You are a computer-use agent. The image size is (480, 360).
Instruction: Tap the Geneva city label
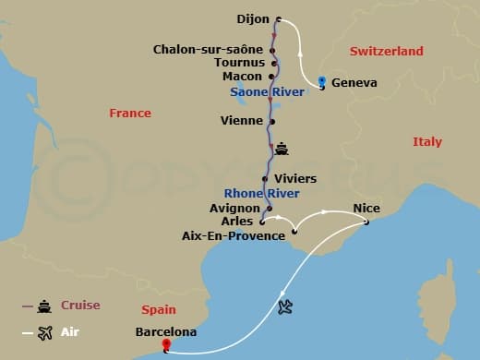[354, 82]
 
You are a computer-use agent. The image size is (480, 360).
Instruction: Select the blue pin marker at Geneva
[320, 81]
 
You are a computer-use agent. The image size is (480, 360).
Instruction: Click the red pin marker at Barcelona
[166, 346]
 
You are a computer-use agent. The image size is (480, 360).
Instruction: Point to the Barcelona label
[165, 330]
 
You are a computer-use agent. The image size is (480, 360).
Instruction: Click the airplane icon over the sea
[285, 306]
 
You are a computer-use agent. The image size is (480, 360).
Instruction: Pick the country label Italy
[427, 142]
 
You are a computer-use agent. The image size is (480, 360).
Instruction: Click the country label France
[129, 113]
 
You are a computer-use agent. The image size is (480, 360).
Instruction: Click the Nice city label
[366, 209]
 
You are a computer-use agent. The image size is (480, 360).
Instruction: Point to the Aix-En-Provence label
[234, 236]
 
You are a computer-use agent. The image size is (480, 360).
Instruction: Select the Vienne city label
[242, 120]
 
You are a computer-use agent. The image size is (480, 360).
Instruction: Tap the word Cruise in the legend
[80, 306]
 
